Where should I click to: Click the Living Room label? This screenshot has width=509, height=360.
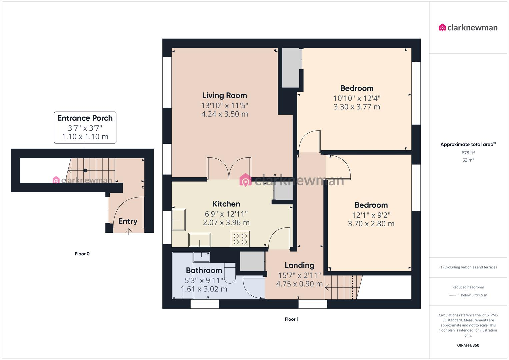pos(225,96)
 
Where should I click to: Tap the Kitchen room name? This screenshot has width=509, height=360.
pos(226,204)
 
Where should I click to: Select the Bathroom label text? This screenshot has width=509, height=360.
pos(204,270)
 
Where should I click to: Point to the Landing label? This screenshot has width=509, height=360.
pos(299,265)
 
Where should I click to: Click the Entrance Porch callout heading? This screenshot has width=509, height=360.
pos(85,118)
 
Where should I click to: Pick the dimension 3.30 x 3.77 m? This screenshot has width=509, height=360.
pos(357,107)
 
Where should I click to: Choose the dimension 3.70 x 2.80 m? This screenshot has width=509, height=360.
pos(371,224)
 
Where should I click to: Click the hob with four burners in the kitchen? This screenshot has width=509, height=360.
pos(240,239)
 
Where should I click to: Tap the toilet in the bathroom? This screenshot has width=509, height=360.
pos(230,272)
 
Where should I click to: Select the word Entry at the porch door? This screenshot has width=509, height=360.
pos(128,221)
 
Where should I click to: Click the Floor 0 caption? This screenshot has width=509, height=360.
pos(82,254)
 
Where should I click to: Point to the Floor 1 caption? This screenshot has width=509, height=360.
pos(291,319)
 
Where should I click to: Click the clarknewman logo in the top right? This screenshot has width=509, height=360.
pos(468,28)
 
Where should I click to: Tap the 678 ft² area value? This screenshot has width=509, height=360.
pos(468,153)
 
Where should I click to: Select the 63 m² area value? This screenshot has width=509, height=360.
pos(468,160)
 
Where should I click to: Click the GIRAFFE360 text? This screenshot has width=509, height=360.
pos(468,345)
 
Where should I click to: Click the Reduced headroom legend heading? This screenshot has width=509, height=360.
pos(468,287)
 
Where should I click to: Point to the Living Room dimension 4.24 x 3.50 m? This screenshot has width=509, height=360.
pos(225,114)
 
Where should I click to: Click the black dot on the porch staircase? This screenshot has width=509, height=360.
pos(85,170)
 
